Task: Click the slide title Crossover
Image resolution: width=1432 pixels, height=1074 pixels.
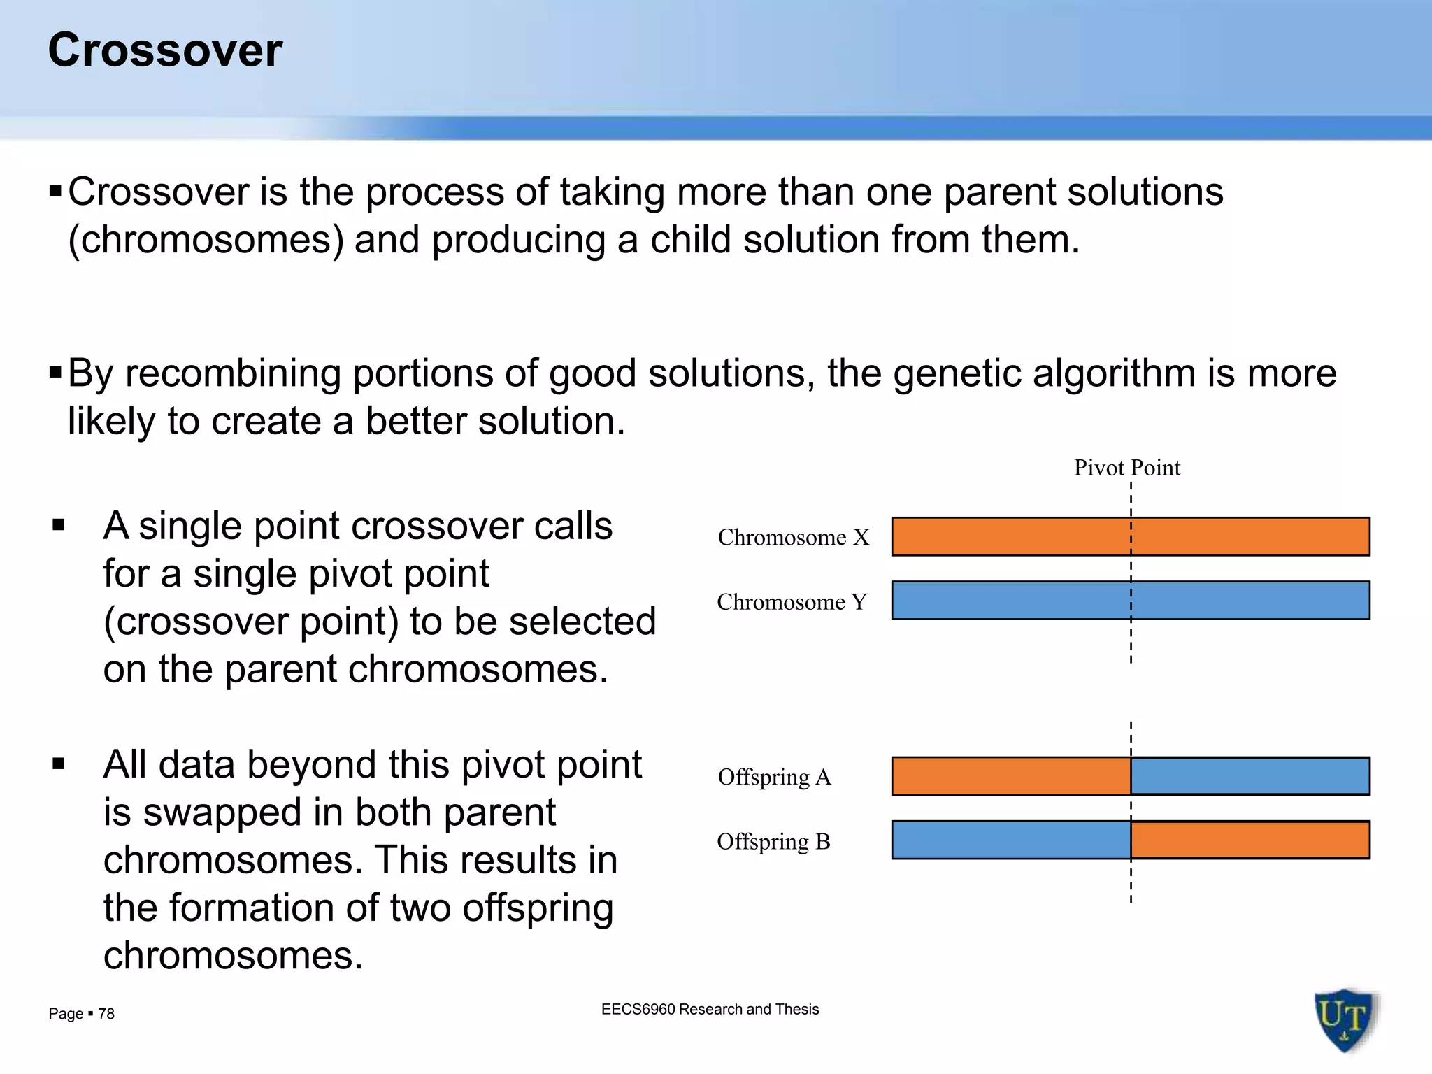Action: coord(165,50)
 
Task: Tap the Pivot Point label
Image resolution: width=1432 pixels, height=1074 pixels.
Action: coord(1126,467)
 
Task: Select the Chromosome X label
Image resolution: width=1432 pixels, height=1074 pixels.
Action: coord(794,537)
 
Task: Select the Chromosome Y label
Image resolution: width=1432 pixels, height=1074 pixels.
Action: coord(792,601)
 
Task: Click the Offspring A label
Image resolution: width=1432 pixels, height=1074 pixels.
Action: coord(774,777)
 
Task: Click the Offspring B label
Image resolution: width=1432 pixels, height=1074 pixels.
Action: coord(773,841)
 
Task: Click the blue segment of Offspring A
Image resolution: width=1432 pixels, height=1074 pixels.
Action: coord(1250,776)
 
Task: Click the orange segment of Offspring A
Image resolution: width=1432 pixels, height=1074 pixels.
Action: coord(1011,776)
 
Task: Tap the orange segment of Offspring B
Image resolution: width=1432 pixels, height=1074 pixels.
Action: coord(1250,840)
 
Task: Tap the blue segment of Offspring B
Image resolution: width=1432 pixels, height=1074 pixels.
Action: coord(1011,840)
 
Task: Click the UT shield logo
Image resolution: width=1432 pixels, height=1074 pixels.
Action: coord(1345,1019)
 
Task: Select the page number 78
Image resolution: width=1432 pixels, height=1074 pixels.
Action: coord(106,1014)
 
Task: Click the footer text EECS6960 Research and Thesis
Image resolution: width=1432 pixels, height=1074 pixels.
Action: coord(710,1009)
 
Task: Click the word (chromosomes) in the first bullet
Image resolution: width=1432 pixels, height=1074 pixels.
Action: coord(206,240)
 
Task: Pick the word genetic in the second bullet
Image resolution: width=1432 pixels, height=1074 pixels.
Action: coord(957,373)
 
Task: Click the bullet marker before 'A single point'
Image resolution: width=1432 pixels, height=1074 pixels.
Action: coord(59,525)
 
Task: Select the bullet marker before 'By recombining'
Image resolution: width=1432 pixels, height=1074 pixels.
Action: coord(56,371)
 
